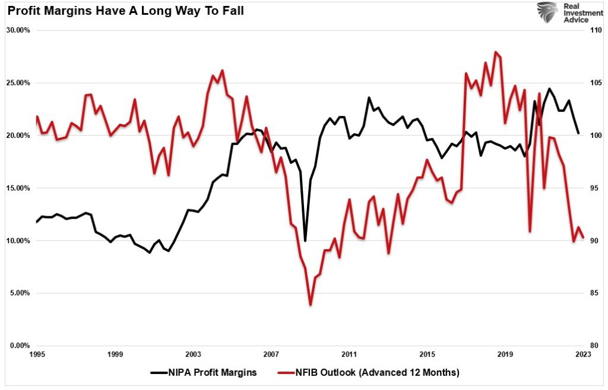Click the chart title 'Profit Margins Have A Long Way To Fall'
(x=125, y=10)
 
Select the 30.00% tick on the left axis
(x=19, y=30)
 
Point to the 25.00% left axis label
(x=19, y=83)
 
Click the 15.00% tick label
(x=19, y=188)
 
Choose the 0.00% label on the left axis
(x=21, y=345)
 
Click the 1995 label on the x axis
(x=37, y=354)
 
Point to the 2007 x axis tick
(x=271, y=354)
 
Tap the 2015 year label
(x=427, y=354)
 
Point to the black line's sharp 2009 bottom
(x=305, y=240)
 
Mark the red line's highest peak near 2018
(x=495, y=52)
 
